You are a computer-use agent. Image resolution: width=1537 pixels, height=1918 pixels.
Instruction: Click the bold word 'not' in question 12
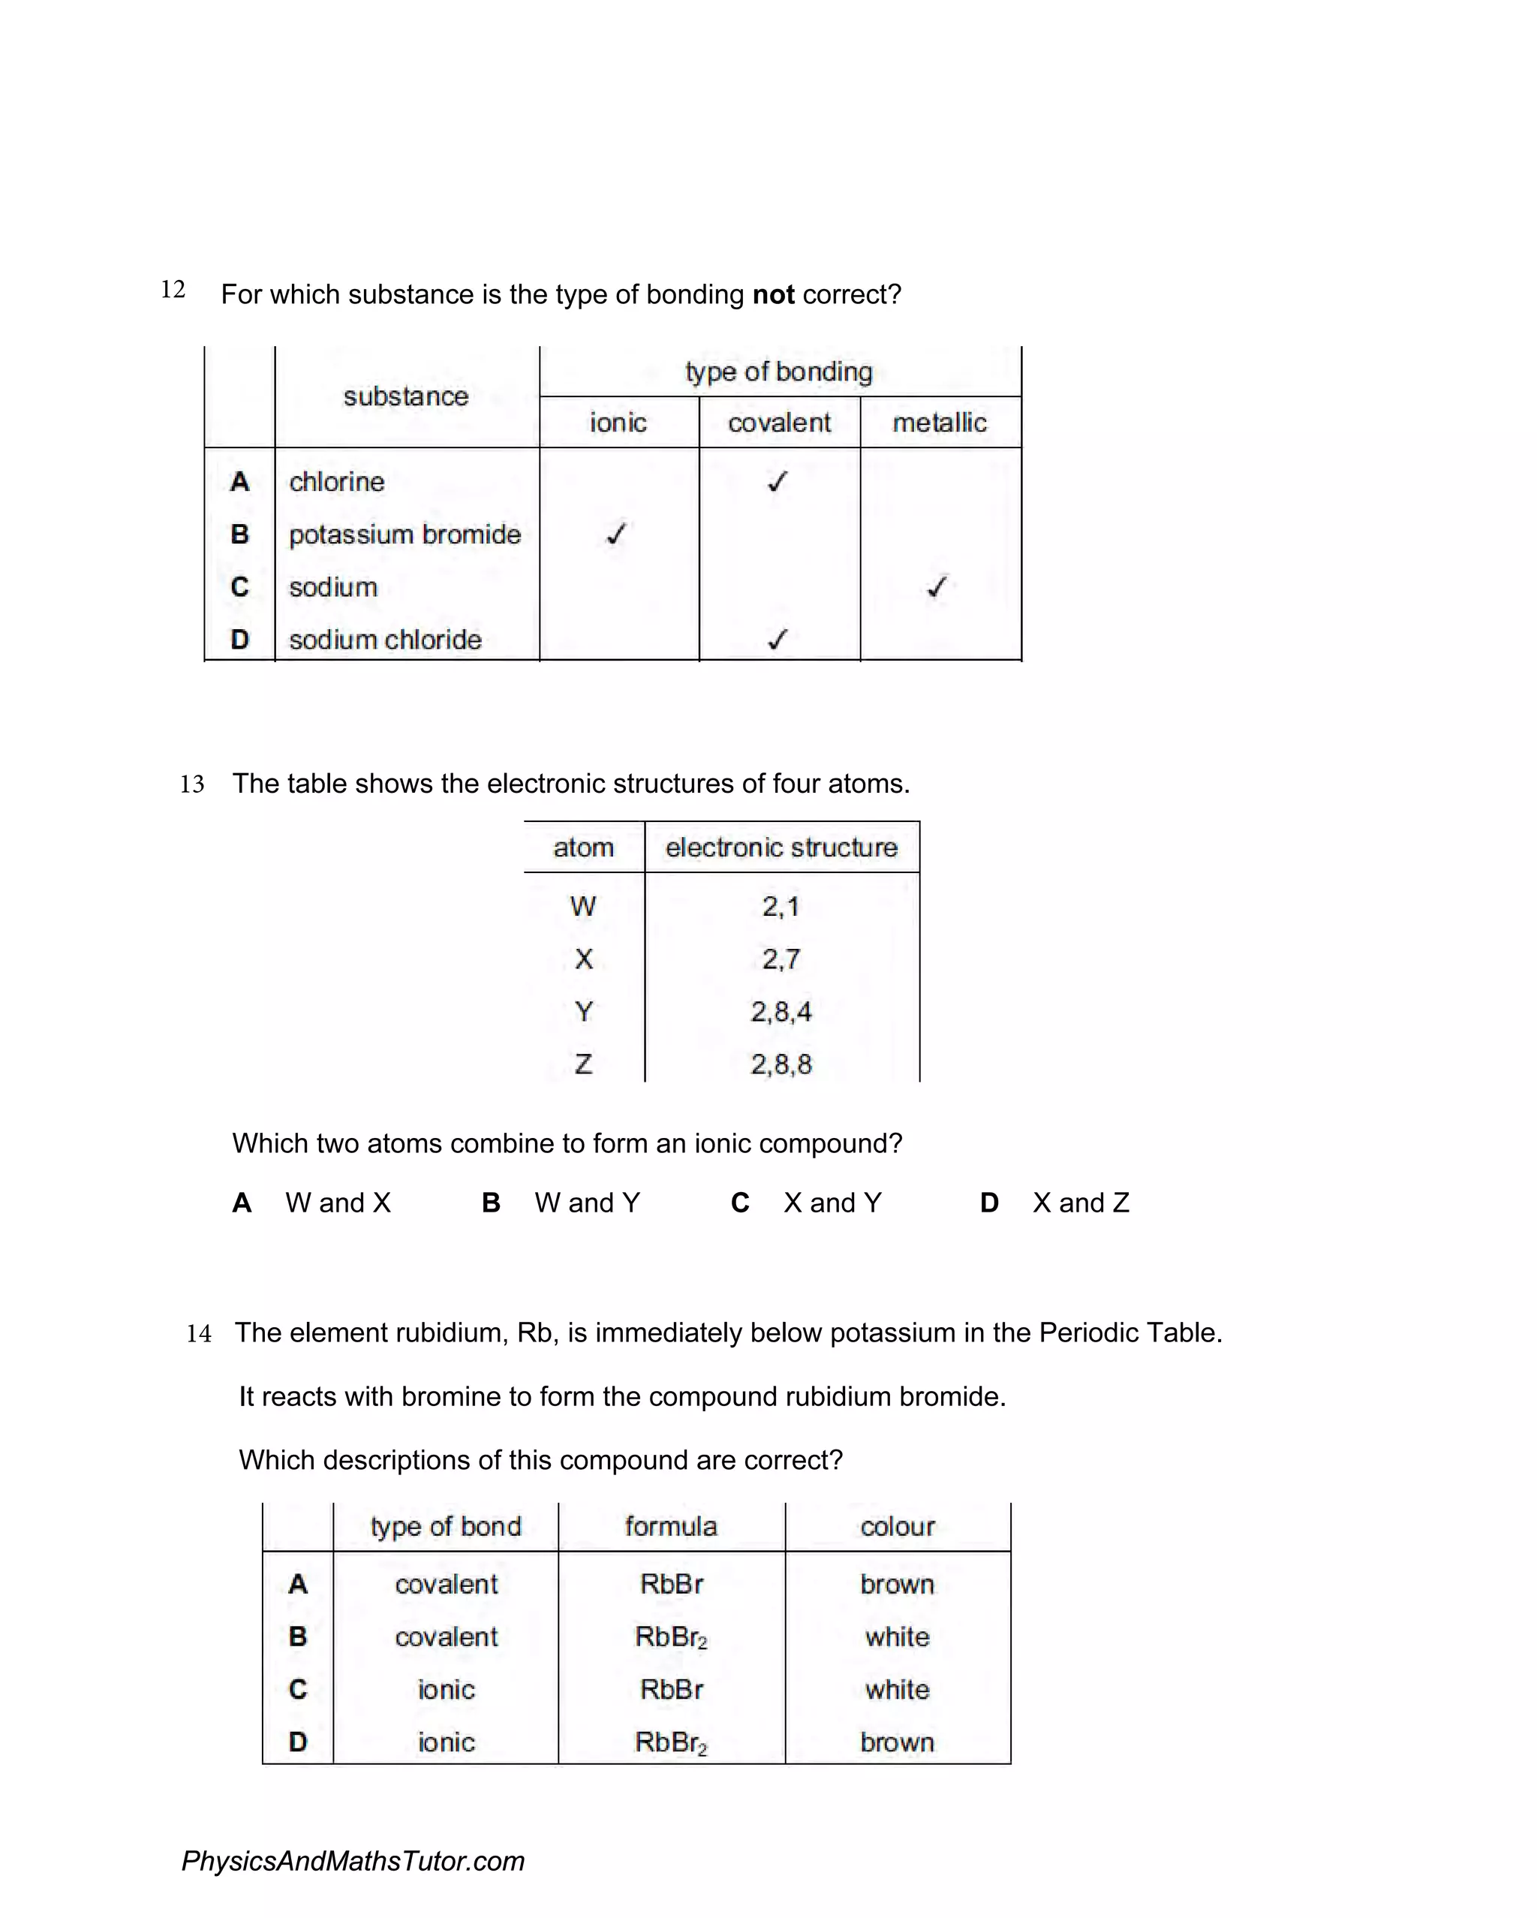(772, 294)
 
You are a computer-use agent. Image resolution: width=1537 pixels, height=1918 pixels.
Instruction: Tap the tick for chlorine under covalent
(778, 481)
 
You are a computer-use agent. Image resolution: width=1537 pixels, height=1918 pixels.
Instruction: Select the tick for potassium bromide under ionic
(616, 534)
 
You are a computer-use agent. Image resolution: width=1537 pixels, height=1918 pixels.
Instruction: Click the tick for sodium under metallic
(937, 586)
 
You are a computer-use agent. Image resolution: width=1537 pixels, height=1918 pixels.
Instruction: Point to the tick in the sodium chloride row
(778, 639)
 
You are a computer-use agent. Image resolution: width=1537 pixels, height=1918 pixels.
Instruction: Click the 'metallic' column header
(940, 423)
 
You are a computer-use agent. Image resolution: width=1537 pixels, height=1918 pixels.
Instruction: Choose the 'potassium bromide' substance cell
(405, 534)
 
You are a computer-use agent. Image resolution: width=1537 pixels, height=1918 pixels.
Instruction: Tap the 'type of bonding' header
(778, 371)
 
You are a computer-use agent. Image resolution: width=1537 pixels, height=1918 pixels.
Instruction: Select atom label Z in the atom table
(583, 1064)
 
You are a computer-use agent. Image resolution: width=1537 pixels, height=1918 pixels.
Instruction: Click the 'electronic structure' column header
(781, 847)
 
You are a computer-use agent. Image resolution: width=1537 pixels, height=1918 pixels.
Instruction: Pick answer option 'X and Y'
(832, 1203)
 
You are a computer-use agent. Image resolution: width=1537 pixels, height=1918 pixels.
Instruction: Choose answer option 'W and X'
(338, 1203)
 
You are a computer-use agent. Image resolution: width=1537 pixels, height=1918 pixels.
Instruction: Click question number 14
(198, 1333)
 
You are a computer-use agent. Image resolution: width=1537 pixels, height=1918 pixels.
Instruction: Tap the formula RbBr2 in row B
(671, 1637)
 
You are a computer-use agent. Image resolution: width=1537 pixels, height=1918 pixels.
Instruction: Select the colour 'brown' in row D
(897, 1742)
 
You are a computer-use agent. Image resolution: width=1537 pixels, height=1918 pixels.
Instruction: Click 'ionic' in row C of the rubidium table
(446, 1689)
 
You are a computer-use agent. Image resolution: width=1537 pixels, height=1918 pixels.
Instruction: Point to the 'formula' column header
(671, 1527)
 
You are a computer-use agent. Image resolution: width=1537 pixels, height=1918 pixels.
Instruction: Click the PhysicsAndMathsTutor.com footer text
(353, 1860)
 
